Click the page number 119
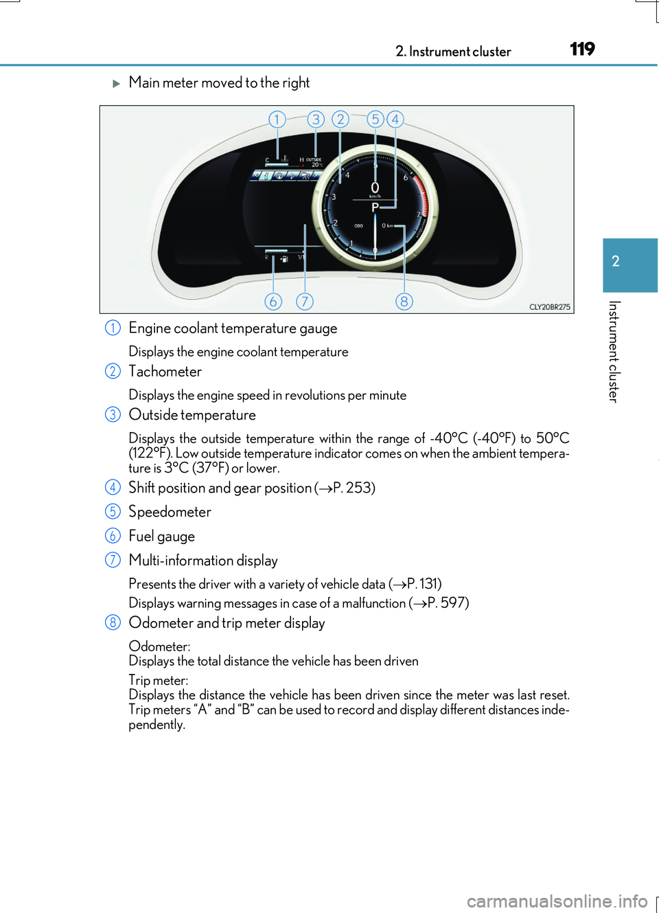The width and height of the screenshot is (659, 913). point(582,49)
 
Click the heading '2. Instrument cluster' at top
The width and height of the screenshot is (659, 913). point(453,52)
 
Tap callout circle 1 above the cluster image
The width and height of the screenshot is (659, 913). point(277,120)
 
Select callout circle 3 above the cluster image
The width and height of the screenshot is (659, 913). point(316,120)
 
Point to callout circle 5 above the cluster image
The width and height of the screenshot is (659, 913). point(375,120)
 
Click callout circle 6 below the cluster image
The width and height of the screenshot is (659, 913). point(273,302)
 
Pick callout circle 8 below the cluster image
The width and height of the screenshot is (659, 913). point(404,302)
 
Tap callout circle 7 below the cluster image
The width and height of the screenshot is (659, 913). point(305,302)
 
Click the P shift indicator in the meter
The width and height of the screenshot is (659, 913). point(375,207)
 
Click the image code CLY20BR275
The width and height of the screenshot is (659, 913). point(549,307)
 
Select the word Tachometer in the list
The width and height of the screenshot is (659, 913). point(165,372)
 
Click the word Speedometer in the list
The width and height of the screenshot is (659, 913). point(170,512)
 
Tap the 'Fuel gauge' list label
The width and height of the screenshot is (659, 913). point(162,537)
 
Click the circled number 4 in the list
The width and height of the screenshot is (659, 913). point(113,488)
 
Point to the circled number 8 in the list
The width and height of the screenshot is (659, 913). point(113,623)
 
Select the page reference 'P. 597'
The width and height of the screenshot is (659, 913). point(447,603)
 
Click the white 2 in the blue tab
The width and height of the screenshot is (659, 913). point(616,262)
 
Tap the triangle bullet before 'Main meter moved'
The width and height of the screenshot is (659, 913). point(116,83)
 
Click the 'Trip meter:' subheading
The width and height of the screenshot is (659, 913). point(158,681)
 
